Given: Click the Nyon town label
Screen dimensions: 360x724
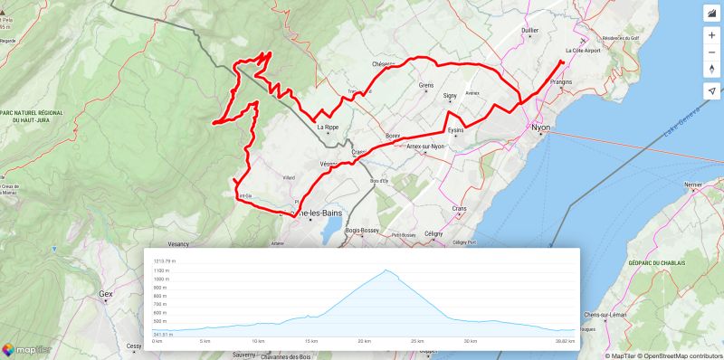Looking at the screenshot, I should click(x=540, y=128).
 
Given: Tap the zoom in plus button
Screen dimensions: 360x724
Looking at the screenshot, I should click(x=712, y=34).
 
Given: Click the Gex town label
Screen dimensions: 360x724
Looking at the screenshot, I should click(x=105, y=294).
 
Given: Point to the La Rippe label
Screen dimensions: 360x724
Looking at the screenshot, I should click(x=328, y=128).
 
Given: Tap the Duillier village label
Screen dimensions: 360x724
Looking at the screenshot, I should click(x=530, y=30).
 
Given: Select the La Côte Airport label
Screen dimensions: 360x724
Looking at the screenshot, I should click(x=582, y=51).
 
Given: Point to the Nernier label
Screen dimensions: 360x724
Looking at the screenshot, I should click(x=693, y=185).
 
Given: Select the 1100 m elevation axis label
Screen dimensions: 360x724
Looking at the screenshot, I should click(x=162, y=270).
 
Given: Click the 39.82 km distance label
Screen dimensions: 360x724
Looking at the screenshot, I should click(x=565, y=341).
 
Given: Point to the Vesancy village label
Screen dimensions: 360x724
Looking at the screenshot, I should click(x=178, y=243).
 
